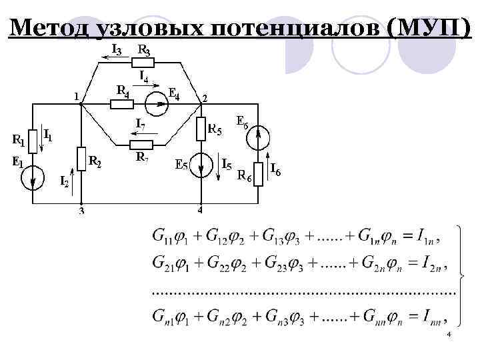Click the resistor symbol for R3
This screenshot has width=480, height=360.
[143, 62]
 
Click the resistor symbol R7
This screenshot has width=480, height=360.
[142, 145]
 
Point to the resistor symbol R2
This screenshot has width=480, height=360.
[81, 159]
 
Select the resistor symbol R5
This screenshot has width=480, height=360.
[201, 129]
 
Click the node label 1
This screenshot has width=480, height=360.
[76, 95]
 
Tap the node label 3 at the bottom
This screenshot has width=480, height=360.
[81, 212]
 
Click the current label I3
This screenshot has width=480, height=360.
[116, 49]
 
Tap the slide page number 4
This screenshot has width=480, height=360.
[449, 333]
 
